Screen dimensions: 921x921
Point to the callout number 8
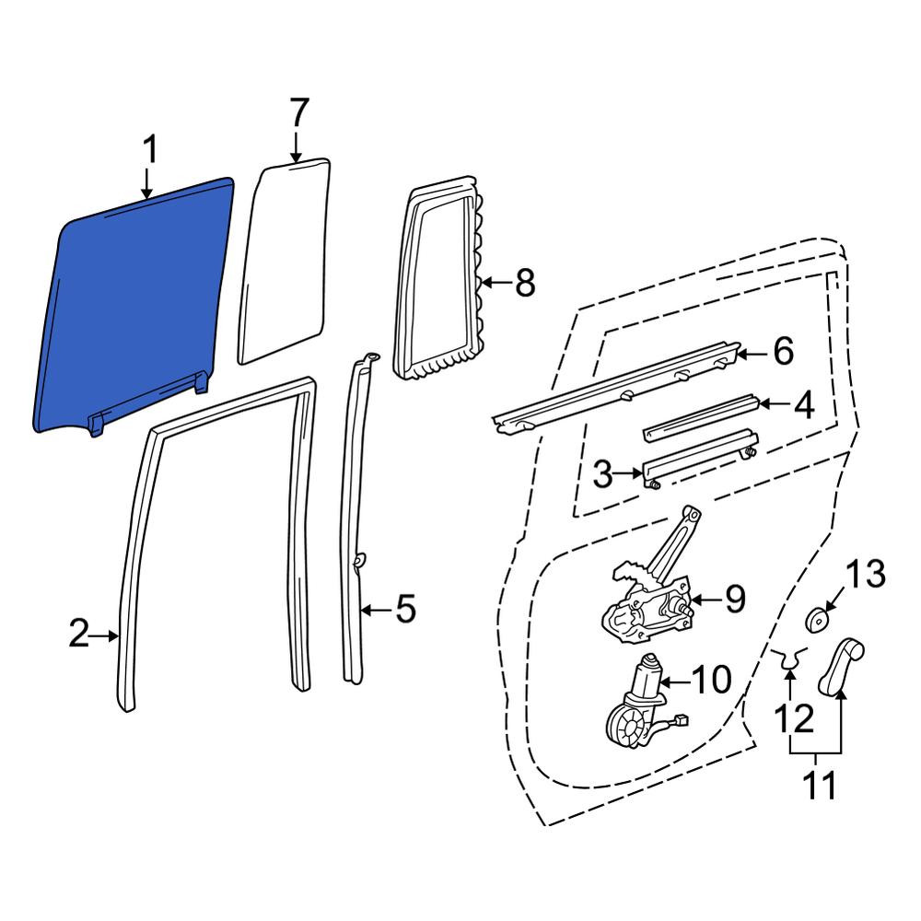[525, 283]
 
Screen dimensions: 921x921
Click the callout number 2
[79, 635]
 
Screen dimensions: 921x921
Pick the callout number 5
[406, 609]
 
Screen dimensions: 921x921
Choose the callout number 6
[784, 352]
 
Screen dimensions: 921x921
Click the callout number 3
[602, 474]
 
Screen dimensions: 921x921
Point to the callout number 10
[711, 680]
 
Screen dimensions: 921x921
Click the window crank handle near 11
[841, 666]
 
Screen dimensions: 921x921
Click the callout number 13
[866, 574]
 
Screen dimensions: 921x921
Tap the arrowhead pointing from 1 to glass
[146, 192]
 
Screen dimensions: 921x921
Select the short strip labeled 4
[701, 417]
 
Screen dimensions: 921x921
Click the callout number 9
[735, 600]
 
